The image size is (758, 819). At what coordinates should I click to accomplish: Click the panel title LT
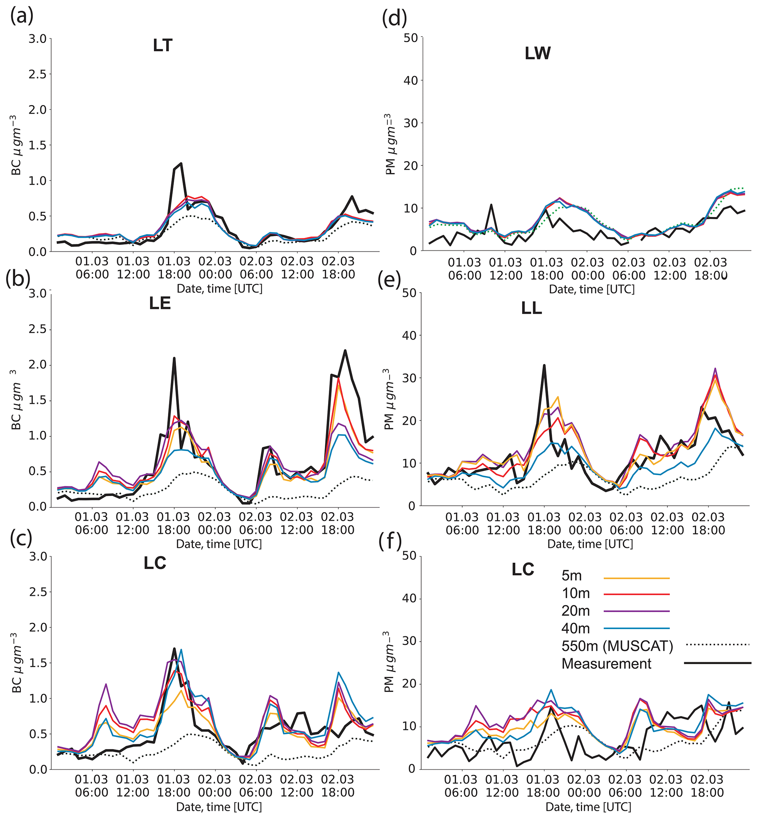pyautogui.click(x=162, y=45)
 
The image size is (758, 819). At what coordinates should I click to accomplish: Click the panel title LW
pyautogui.click(x=537, y=53)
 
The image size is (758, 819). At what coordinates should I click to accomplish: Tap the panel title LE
pyautogui.click(x=160, y=303)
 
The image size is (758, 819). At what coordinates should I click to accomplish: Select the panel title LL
pyautogui.click(x=532, y=308)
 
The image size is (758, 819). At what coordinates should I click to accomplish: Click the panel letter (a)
pyautogui.click(x=22, y=16)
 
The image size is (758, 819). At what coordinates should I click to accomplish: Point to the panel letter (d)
pyautogui.click(x=394, y=18)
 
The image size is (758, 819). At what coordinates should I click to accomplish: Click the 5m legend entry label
pyautogui.click(x=572, y=576)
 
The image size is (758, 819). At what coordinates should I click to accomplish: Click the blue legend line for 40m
pyautogui.click(x=637, y=628)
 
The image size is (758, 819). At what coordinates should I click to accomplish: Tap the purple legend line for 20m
pyautogui.click(x=637, y=611)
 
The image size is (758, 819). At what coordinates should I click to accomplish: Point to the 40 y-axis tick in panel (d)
pyautogui.click(x=411, y=80)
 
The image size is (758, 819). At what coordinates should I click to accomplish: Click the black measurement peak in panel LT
pyautogui.click(x=180, y=163)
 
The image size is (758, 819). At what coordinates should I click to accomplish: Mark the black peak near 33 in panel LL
pyautogui.click(x=544, y=365)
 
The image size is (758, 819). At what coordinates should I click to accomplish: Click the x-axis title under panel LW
pyautogui.click(x=592, y=289)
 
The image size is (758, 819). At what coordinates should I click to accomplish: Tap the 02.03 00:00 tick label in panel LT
pyautogui.click(x=215, y=268)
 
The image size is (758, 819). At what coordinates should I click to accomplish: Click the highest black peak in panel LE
pyautogui.click(x=345, y=350)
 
